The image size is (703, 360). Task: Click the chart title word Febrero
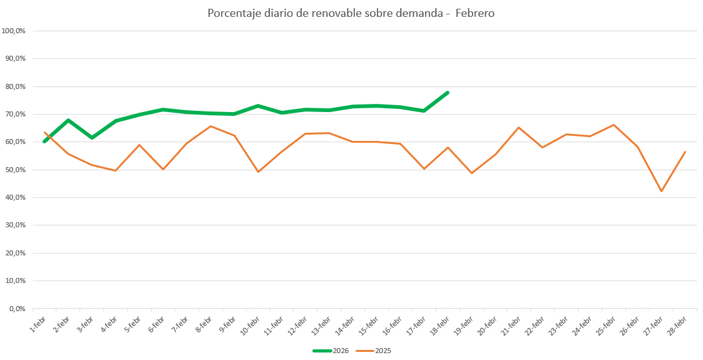point(475,13)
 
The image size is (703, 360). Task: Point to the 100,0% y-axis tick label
point(14,31)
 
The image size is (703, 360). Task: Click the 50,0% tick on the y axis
point(15,170)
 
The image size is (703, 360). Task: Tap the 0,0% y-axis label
point(17,309)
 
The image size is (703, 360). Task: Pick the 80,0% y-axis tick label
point(15,86)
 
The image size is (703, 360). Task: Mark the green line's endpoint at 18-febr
point(448,93)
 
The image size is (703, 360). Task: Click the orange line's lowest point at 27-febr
point(661,191)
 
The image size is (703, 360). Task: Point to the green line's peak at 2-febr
point(68,120)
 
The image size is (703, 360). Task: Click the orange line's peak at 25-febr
point(613,125)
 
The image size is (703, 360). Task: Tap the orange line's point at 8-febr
point(210,126)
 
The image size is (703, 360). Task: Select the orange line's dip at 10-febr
point(258,172)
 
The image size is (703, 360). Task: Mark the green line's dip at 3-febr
point(92,138)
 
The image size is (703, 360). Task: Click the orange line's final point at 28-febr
point(685,152)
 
